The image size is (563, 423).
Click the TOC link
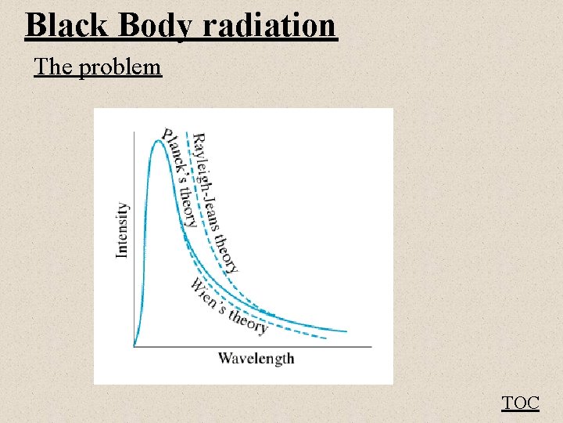pos(520,403)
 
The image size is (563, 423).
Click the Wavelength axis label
pos(256,359)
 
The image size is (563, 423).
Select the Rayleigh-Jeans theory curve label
pos(216,203)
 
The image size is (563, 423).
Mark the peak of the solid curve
pos(161,140)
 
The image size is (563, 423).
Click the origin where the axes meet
pos(134,346)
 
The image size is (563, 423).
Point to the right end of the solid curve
pos(346,331)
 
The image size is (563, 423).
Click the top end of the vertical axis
pos(134,132)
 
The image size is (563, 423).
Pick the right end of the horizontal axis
pos(371,346)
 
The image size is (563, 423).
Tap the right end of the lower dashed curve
pos(325,338)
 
